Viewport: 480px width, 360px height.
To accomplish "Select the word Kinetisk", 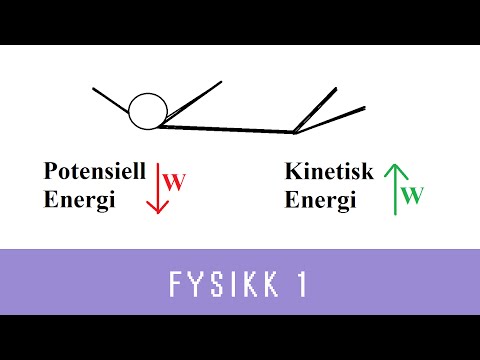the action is click(x=329, y=172).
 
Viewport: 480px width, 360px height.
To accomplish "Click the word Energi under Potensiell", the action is click(x=80, y=199).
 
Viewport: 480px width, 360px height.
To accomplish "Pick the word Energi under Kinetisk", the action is click(x=321, y=200).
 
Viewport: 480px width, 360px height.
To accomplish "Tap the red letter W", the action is click(x=175, y=183).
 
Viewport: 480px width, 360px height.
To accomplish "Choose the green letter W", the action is click(x=411, y=194).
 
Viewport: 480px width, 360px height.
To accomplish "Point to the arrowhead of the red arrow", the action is click(x=155, y=207).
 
